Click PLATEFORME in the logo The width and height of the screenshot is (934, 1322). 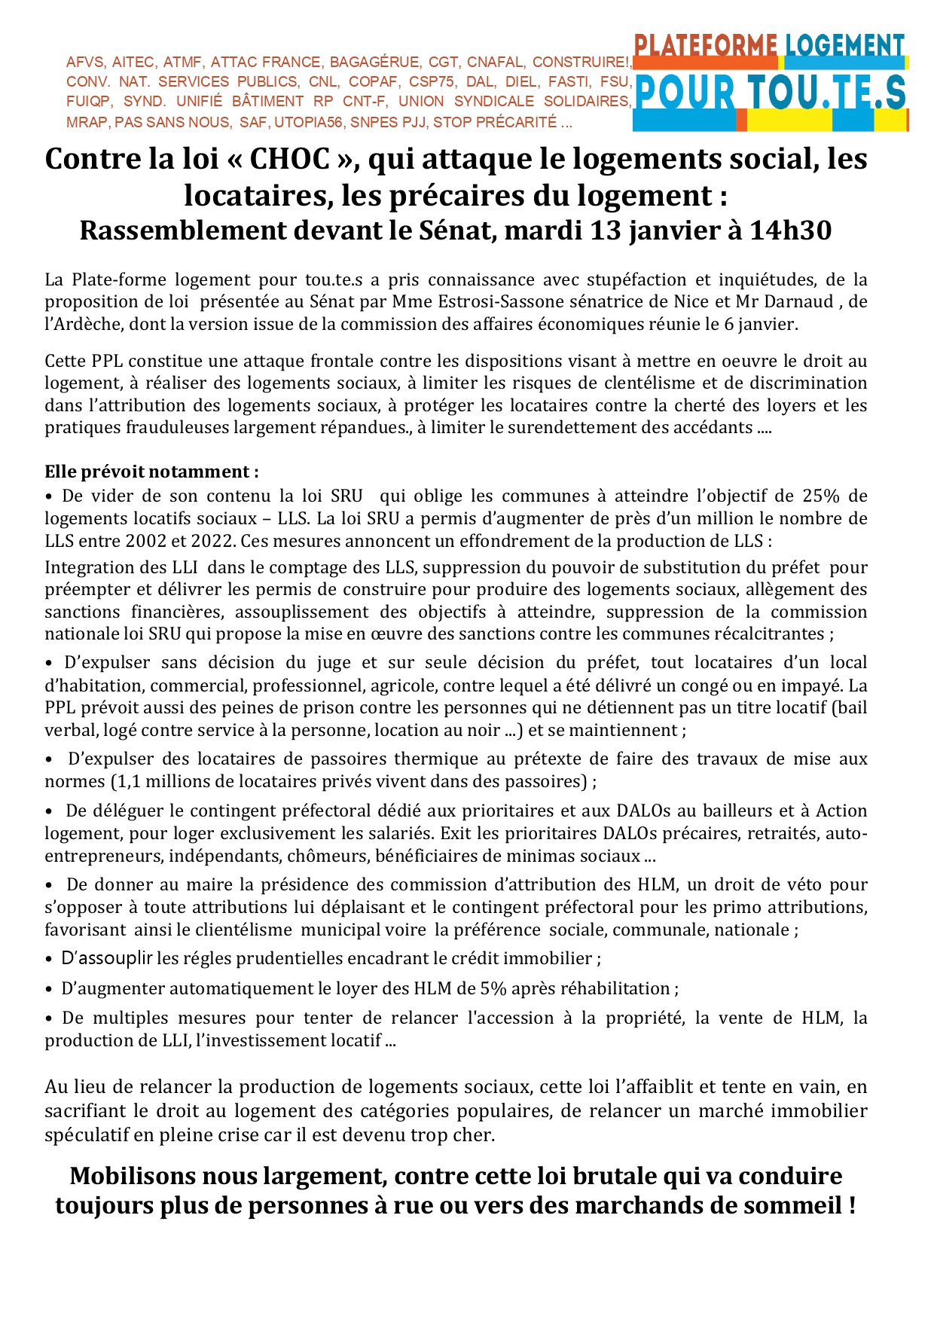tap(705, 47)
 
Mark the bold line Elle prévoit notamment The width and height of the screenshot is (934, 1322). tap(151, 472)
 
